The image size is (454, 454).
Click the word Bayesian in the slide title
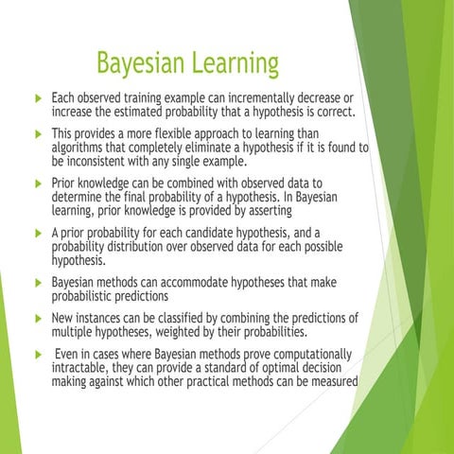click(142, 65)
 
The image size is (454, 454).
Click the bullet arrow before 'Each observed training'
click(36, 99)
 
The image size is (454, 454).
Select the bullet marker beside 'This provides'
click(36, 133)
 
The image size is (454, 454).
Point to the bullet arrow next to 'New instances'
click(36, 319)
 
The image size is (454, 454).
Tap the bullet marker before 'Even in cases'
click(36, 354)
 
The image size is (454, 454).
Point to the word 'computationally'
click(306, 354)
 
